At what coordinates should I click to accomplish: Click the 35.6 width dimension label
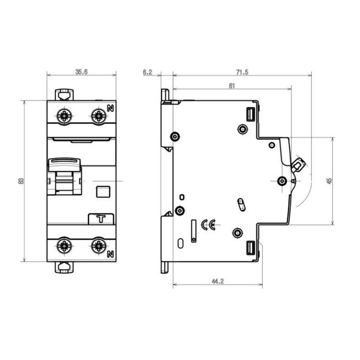(x=81, y=72)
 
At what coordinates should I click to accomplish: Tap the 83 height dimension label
(x=21, y=181)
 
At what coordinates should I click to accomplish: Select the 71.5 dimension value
(x=242, y=72)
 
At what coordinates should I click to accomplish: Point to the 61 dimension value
(x=232, y=86)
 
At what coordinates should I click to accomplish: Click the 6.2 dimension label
(x=148, y=72)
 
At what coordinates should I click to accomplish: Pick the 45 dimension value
(x=329, y=181)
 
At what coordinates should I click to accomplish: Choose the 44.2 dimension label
(x=218, y=281)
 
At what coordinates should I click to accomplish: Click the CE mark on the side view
(x=208, y=225)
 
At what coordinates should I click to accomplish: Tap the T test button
(x=101, y=219)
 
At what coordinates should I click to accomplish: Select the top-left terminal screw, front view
(x=64, y=116)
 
